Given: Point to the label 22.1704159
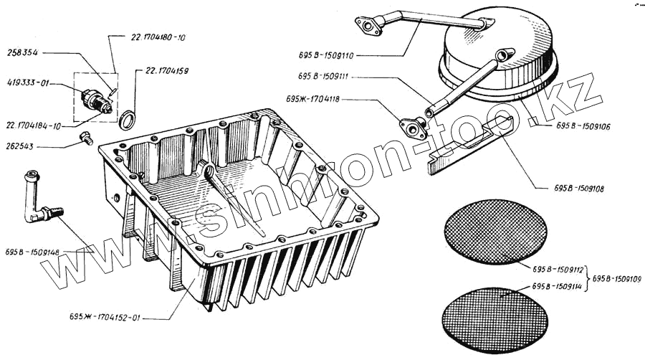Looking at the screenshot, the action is click(x=168, y=70).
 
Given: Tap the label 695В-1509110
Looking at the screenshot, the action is click(x=328, y=54).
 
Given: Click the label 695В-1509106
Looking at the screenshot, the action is click(x=582, y=126).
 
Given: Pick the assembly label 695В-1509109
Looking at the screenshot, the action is click(x=617, y=278).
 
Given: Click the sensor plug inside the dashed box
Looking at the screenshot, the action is click(x=96, y=100).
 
